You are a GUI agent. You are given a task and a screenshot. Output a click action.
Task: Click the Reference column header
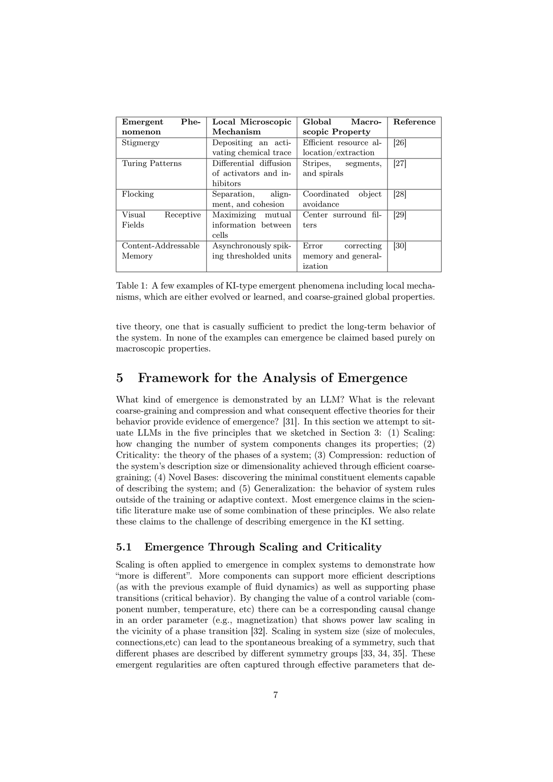coord(414,122)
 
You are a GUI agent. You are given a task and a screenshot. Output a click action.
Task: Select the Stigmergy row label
coord(141,142)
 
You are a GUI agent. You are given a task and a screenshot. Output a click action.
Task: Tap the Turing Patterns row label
coord(152,163)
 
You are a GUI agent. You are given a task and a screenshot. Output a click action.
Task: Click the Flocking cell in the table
coord(138,194)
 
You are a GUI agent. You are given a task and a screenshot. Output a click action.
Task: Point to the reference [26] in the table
coord(400,142)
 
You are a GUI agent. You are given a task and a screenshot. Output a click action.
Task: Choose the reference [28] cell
coord(400,194)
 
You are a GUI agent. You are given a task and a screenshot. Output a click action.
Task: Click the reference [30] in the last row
coord(400,246)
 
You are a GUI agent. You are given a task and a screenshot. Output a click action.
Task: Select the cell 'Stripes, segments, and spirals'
coord(341,168)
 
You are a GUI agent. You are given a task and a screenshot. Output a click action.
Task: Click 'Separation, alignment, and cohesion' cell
coord(251,199)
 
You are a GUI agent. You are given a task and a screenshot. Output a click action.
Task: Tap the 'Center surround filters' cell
coord(341,220)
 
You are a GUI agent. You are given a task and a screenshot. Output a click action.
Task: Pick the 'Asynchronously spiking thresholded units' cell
coord(251,251)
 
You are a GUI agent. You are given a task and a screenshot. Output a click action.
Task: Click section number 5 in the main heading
coord(120,378)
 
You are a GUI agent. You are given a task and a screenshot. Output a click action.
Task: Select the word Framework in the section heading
coord(174,378)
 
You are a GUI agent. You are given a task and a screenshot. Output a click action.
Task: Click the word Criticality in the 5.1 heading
coord(353,547)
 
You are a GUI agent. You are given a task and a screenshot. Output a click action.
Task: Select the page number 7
coord(276,695)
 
